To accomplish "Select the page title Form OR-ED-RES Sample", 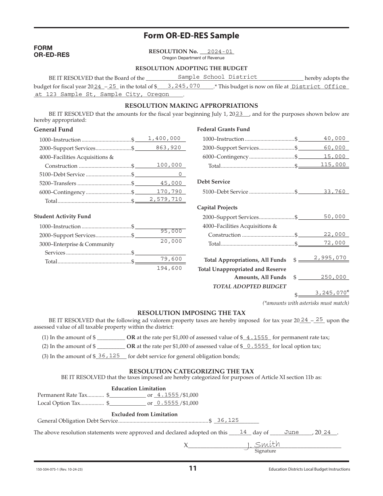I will pyautogui.click(x=191, y=35).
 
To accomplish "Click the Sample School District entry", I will pyautogui.click(x=217, y=77).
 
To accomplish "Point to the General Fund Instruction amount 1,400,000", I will pyautogui.click(x=164, y=138).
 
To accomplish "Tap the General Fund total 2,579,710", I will pyautogui.click(x=165, y=199).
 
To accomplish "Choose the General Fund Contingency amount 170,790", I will pyautogui.click(x=169, y=192).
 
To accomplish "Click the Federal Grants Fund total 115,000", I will pyautogui.click(x=333, y=165).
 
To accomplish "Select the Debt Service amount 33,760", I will pyautogui.click(x=334, y=192).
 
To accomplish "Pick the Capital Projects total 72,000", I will pyautogui.click(x=334, y=243).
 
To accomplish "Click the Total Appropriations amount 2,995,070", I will pyautogui.click(x=330, y=258).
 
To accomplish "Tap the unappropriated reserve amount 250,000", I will pyautogui.click(x=333, y=277).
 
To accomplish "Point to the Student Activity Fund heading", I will pyautogui.click(x=62, y=217).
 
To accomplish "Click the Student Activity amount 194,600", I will pyautogui.click(x=169, y=268).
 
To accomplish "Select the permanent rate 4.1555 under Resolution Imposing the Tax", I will pyautogui.click(x=257, y=338).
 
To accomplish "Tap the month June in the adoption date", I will pyautogui.click(x=291, y=432).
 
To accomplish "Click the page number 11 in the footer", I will pyautogui.click(x=193, y=469).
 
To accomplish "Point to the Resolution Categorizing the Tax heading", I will pyautogui.click(x=191, y=371).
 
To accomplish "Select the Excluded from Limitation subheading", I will pyautogui.click(x=144, y=414).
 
